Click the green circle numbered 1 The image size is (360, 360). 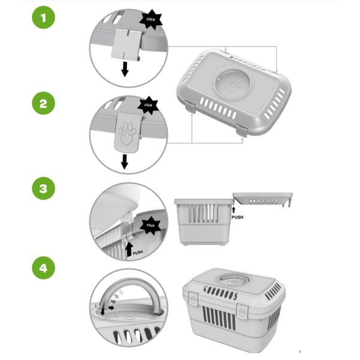coord(44,17)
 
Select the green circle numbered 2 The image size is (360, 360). coord(44,103)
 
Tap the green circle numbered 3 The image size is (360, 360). coord(44,188)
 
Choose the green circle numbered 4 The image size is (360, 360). coord(44,268)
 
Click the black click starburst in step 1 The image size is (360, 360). coord(151,20)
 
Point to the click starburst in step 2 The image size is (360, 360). coord(148,105)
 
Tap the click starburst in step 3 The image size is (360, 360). coord(151,225)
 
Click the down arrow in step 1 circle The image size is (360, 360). coord(125,69)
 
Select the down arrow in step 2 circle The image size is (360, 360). coord(124,161)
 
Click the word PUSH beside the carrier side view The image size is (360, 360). coord(238,217)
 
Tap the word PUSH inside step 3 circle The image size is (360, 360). coord(138,253)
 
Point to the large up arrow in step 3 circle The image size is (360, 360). coord(130,250)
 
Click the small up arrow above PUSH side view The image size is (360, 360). coord(234,209)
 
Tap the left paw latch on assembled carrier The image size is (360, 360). coord(194,298)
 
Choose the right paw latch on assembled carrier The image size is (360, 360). coord(242,311)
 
